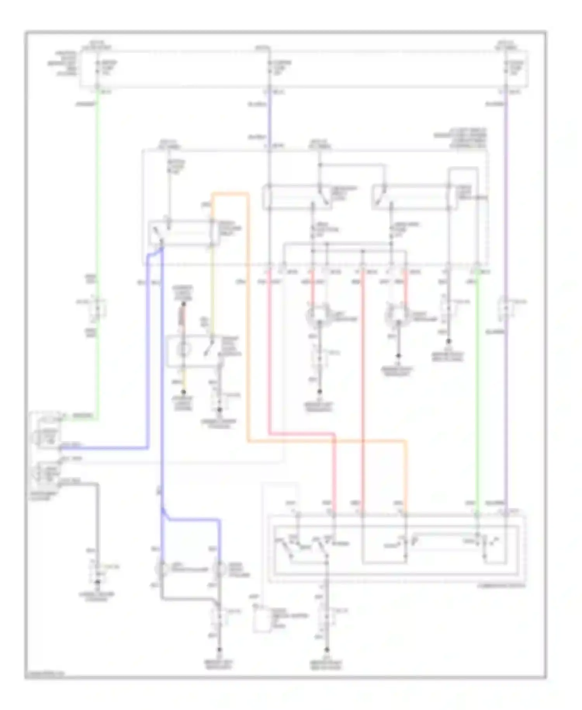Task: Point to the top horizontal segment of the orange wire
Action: [230, 193]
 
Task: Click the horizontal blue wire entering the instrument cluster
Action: [105, 448]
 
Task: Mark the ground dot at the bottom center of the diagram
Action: [327, 650]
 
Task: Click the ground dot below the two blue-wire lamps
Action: [220, 650]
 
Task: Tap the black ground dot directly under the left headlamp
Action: [320, 392]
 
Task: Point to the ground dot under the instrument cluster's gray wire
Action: [98, 582]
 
